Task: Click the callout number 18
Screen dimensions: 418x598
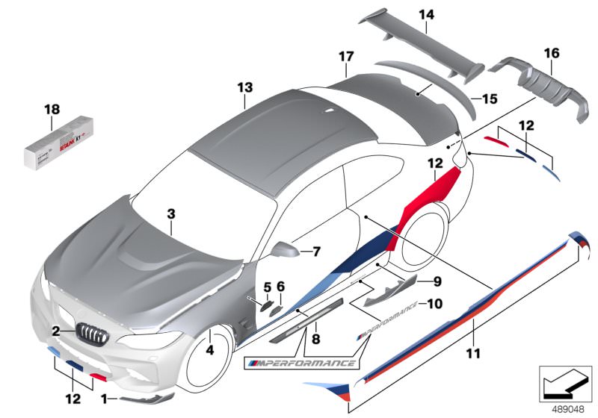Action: pyautogui.click(x=51, y=109)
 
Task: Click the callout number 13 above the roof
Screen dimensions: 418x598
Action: pyautogui.click(x=246, y=88)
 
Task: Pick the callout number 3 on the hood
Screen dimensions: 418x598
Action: pyautogui.click(x=171, y=214)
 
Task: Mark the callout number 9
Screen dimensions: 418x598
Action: pyautogui.click(x=438, y=281)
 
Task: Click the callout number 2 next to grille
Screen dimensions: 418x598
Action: pyautogui.click(x=56, y=330)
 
